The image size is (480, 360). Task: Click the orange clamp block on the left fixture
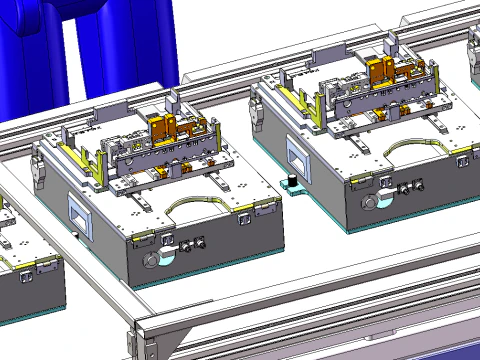163,129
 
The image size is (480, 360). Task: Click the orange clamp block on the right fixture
381,71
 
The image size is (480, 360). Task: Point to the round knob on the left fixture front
152,260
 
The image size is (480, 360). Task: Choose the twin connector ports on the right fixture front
411,187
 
